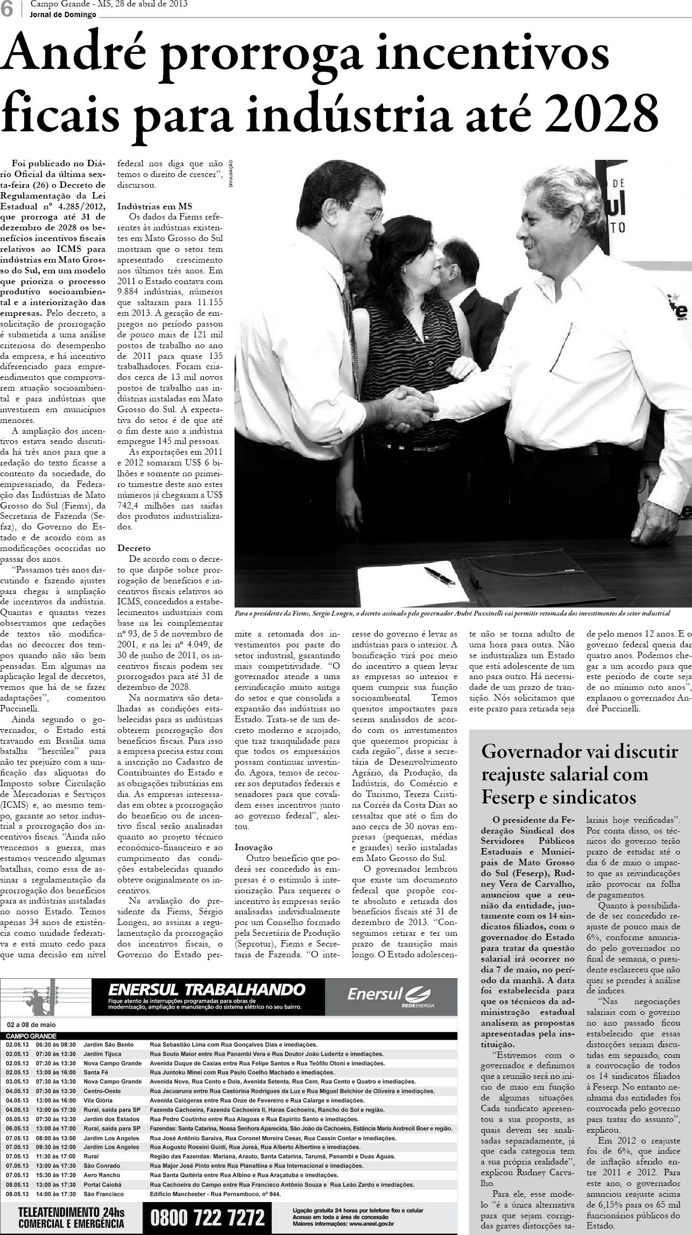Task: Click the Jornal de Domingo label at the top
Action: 63,15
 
